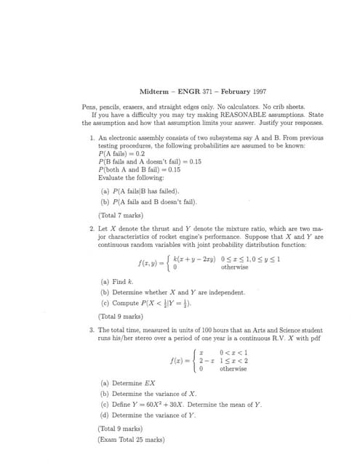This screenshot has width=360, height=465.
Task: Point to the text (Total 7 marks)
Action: (x=121, y=215)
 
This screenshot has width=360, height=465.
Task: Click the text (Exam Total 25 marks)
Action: (x=131, y=439)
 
